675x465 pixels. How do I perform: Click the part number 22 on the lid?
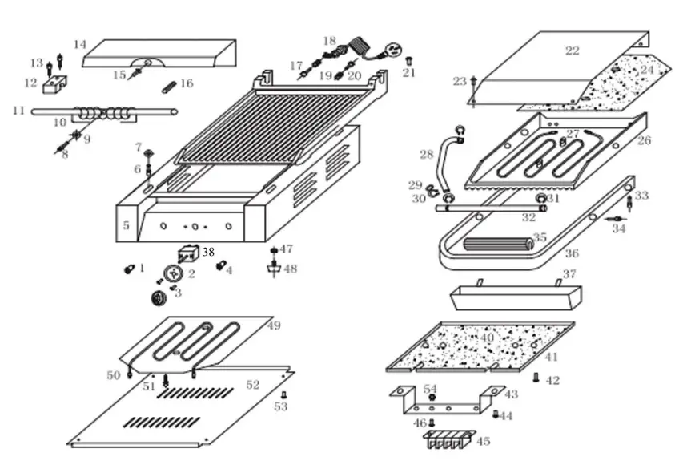pos(572,51)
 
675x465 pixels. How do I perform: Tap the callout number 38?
pos(208,252)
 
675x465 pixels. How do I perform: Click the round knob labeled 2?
pos(172,274)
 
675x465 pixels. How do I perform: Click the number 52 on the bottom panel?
pos(253,385)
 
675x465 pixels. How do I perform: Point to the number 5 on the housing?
pos(126,226)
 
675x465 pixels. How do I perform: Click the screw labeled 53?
pos(283,395)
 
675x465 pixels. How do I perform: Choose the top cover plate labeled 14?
pos(160,52)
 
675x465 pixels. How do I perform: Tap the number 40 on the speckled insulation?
pos(487,338)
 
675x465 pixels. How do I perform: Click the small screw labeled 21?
pos(408,61)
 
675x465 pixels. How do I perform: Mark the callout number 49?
pos(273,325)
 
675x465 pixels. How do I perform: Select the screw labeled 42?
pos(536,378)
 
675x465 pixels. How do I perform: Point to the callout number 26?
pos(645,140)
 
